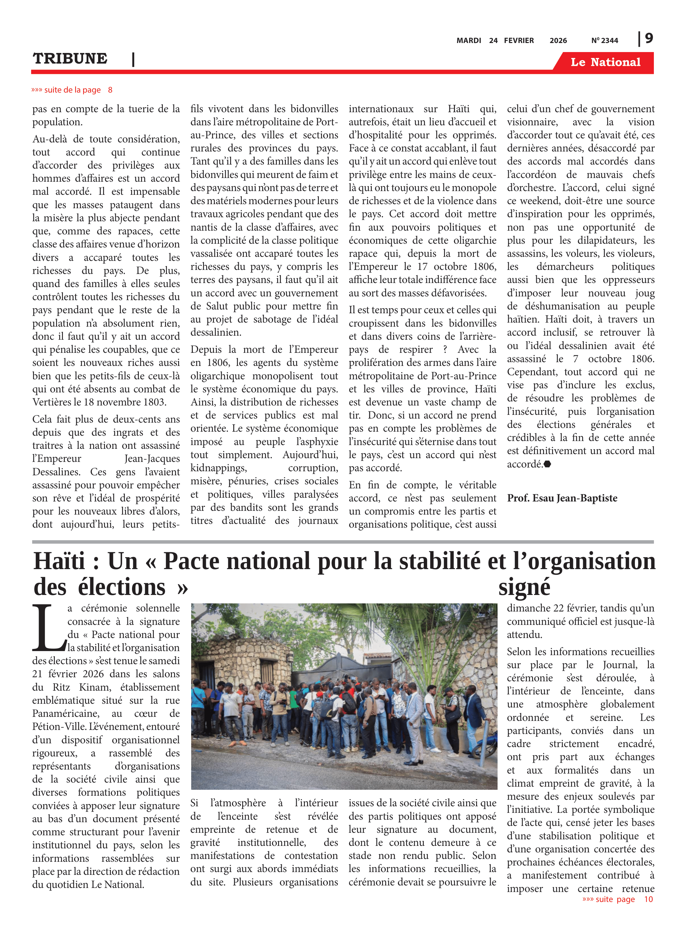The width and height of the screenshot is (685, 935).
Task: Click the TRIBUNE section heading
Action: pyautogui.click(x=70, y=59)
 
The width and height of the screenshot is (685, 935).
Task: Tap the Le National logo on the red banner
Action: pyautogui.click(x=605, y=62)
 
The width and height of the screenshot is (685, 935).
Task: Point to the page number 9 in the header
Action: pyautogui.click(x=649, y=38)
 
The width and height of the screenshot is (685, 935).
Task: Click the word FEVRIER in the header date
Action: pyautogui.click(x=519, y=41)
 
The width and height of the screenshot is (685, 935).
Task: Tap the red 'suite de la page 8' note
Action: pyautogui.click(x=72, y=90)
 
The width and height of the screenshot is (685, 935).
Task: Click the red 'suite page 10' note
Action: pyautogui.click(x=617, y=899)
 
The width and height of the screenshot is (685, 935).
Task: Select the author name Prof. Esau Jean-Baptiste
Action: pyautogui.click(x=562, y=498)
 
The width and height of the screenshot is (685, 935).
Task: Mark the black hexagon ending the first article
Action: pyautogui.click(x=547, y=464)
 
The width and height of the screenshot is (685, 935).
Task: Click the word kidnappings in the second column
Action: pyautogui.click(x=219, y=468)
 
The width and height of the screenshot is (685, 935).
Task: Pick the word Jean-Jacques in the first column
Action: pyautogui.click(x=152, y=458)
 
